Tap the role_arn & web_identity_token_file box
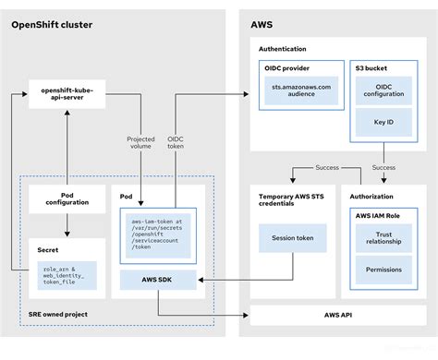click(64, 274)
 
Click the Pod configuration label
click(64, 202)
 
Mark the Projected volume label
click(140, 144)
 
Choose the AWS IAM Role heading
click(386, 214)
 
